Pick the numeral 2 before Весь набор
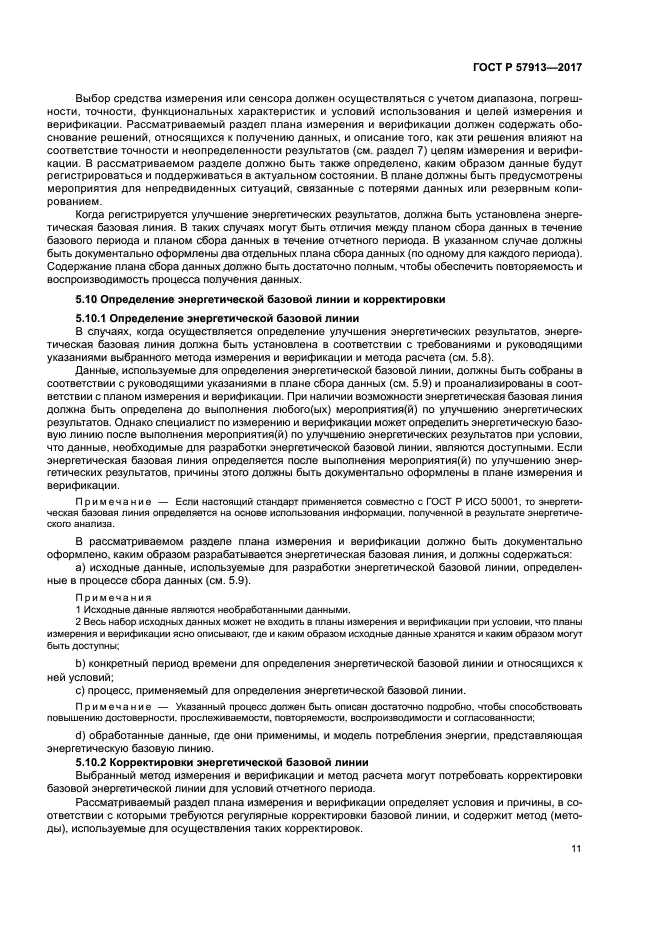tap(79, 622)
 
